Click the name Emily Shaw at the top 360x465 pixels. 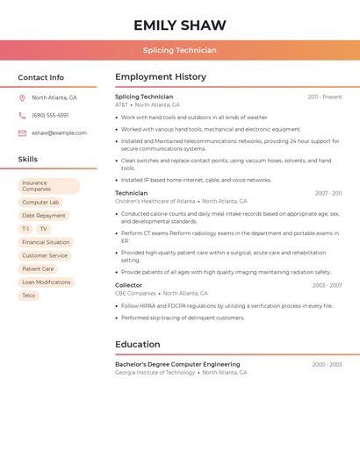[x=180, y=25]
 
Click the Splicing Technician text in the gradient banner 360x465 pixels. [x=180, y=50]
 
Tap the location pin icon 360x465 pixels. [x=22, y=98]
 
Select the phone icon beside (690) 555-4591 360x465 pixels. [x=22, y=116]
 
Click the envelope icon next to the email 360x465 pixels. [x=22, y=133]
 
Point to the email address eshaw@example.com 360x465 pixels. [x=59, y=133]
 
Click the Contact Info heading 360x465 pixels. [x=41, y=77]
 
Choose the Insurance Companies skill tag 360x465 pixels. [x=48, y=186]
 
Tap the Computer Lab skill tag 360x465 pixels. [x=40, y=203]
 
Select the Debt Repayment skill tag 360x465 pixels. [x=44, y=216]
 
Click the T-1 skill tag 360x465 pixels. [x=25, y=229]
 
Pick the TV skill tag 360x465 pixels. [x=43, y=229]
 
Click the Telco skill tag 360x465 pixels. [x=29, y=296]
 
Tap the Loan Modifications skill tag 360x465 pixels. [x=47, y=283]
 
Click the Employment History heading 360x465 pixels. [x=161, y=77]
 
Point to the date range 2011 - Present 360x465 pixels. [x=325, y=97]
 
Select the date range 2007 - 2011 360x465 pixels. [x=328, y=193]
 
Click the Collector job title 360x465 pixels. [x=128, y=285]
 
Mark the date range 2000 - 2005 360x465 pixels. [x=327, y=364]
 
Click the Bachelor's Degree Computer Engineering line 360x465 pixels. [x=177, y=364]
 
